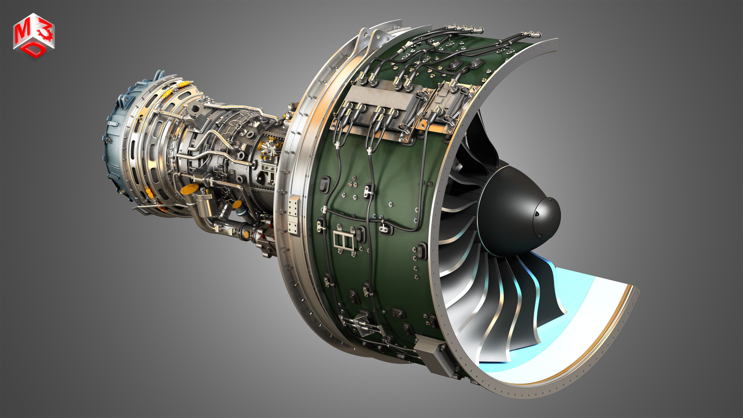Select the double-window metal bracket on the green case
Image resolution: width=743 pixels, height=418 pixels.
[343, 240]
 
